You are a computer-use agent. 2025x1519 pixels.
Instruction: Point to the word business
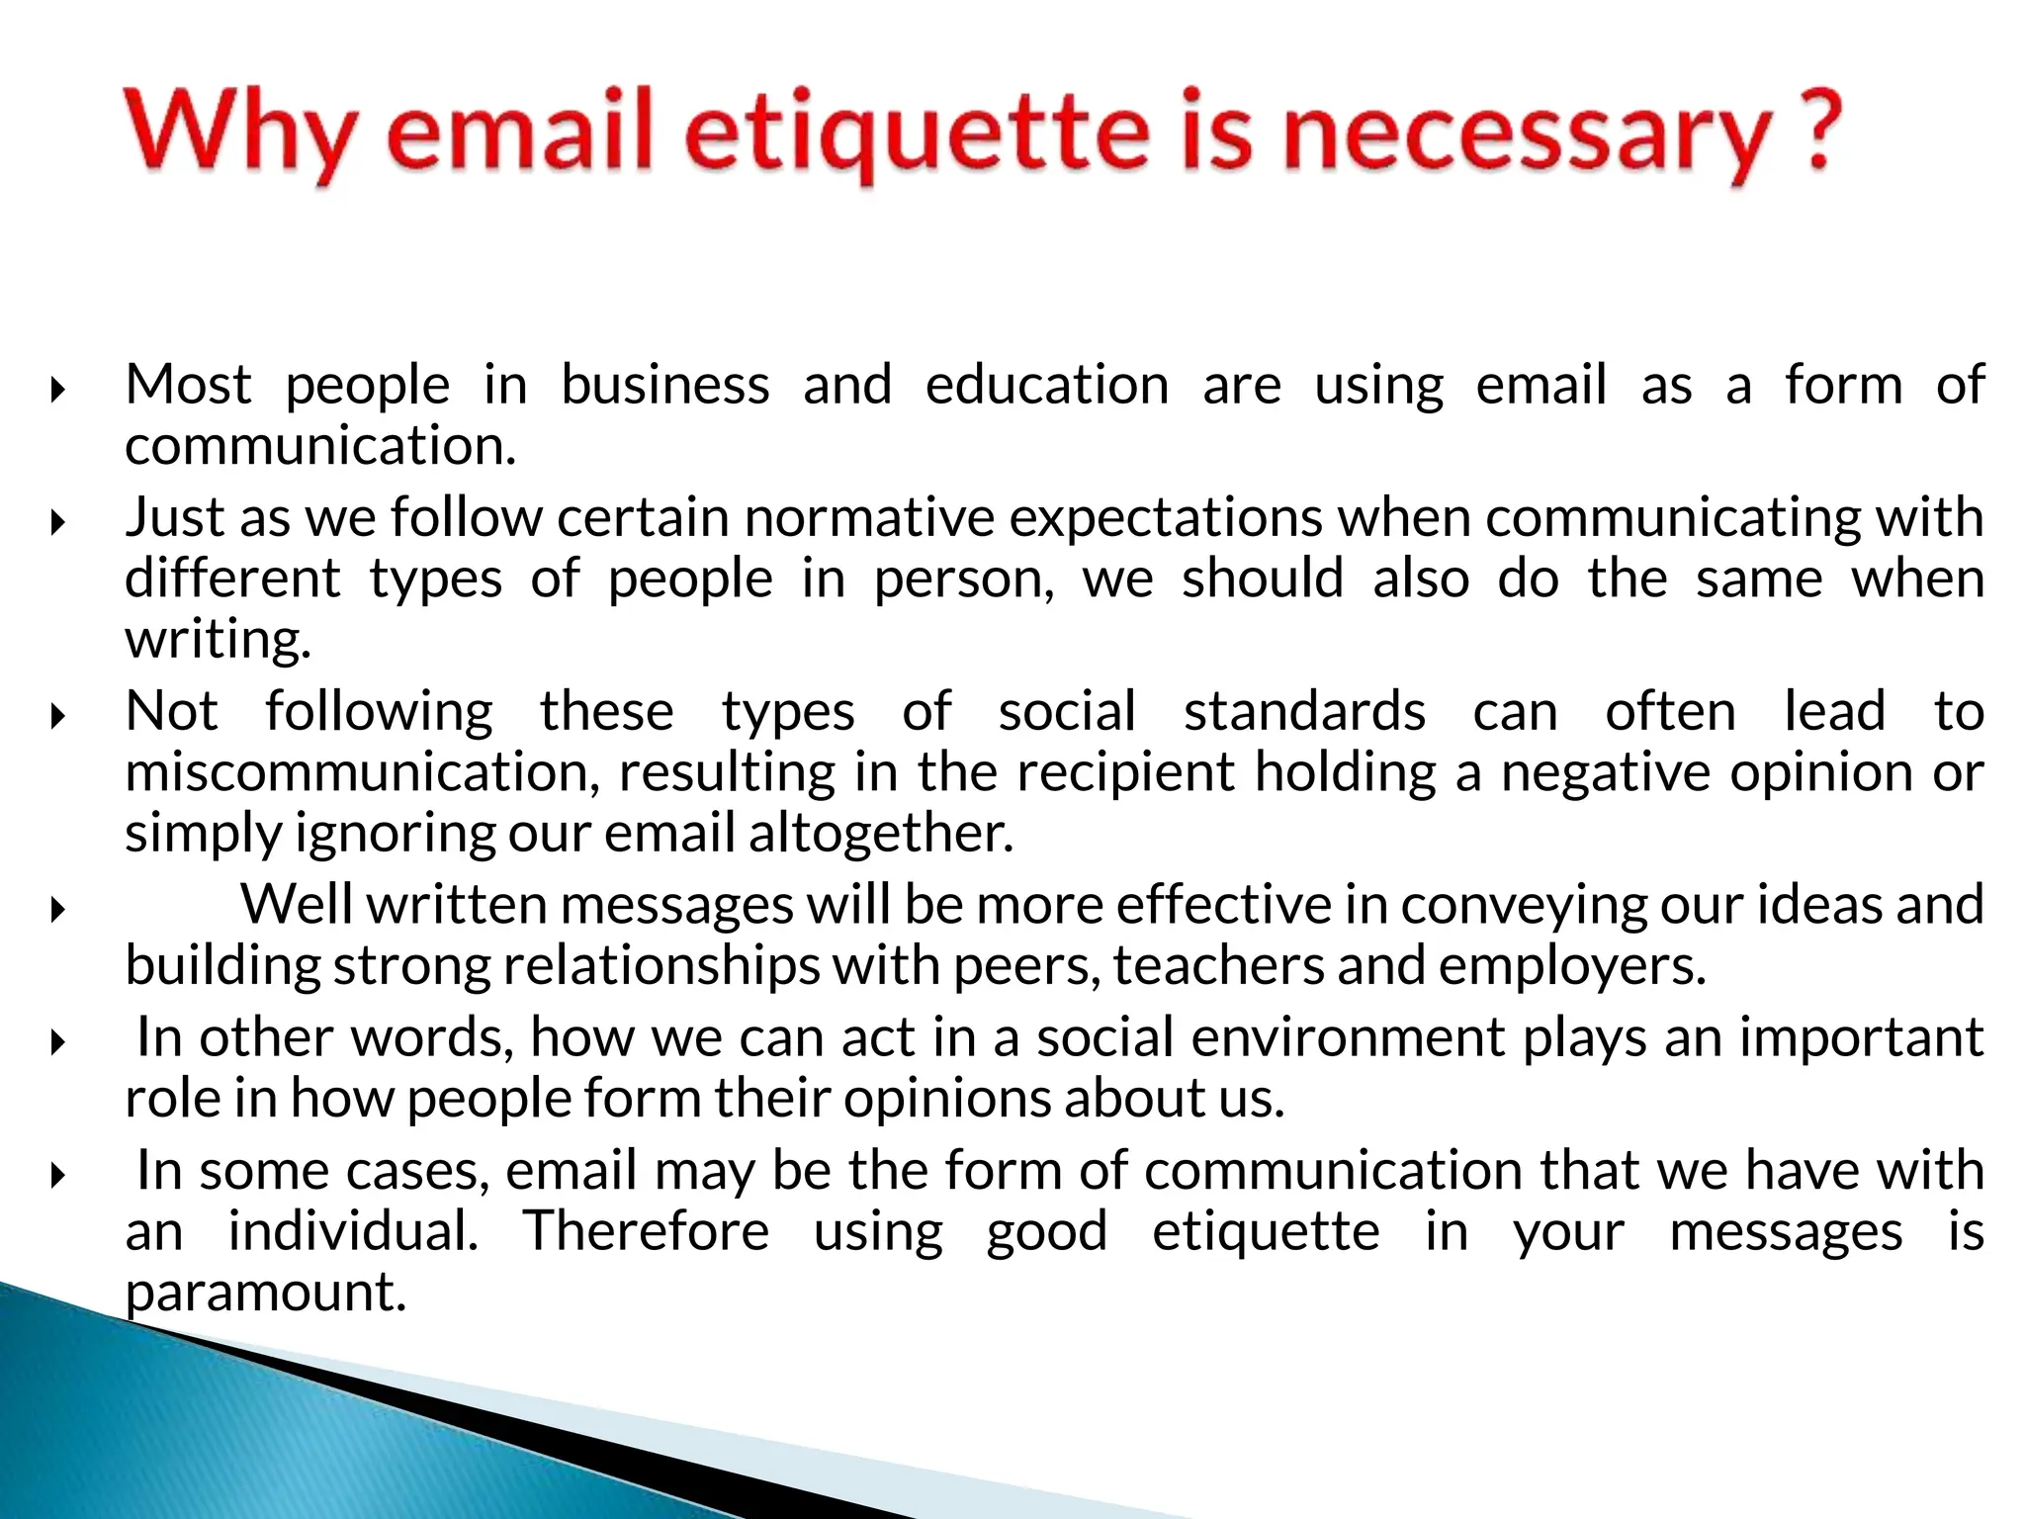tap(665, 385)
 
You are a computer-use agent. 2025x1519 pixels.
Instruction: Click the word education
tap(1047, 385)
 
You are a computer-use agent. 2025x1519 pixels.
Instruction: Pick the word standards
tap(1305, 711)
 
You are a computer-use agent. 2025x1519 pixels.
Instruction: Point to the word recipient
tap(1126, 772)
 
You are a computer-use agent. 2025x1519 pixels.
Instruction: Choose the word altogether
tap(881, 833)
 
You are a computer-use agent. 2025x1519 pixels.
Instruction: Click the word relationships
tap(661, 965)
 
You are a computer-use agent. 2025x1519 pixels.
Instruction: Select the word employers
tap(1572, 965)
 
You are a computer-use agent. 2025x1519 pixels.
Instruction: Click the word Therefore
tap(646, 1231)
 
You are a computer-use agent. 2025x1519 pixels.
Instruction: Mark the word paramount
tap(266, 1292)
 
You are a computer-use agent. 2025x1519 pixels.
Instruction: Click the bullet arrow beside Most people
tap(58, 390)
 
